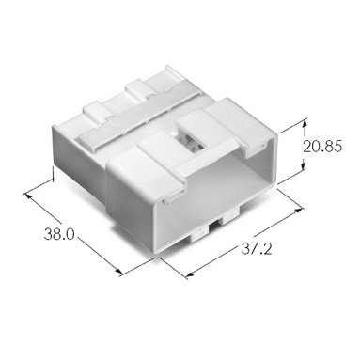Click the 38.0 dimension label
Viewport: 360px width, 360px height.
pos(59,234)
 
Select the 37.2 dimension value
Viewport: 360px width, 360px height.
pos(257,249)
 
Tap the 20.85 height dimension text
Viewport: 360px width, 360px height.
pos(322,147)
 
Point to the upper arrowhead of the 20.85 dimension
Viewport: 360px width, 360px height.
pos(304,123)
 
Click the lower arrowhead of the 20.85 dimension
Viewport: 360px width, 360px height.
pos(304,166)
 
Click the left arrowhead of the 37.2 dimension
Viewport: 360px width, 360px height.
pos(189,274)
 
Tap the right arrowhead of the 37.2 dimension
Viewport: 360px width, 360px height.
pos(299,210)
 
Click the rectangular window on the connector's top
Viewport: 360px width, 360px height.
pos(191,139)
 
